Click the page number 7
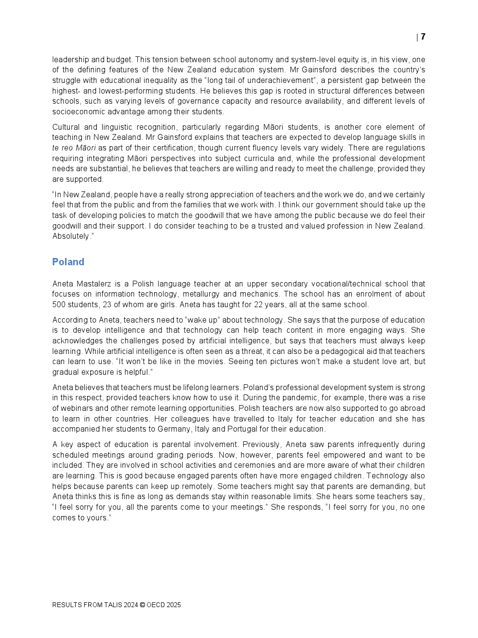point(423,37)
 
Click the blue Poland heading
point(68,262)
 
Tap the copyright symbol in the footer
point(142,605)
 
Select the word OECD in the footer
point(156,605)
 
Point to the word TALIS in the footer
point(112,605)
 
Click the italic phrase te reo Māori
point(74,148)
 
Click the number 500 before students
point(59,304)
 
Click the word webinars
point(76,408)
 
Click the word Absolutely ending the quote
point(71,236)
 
